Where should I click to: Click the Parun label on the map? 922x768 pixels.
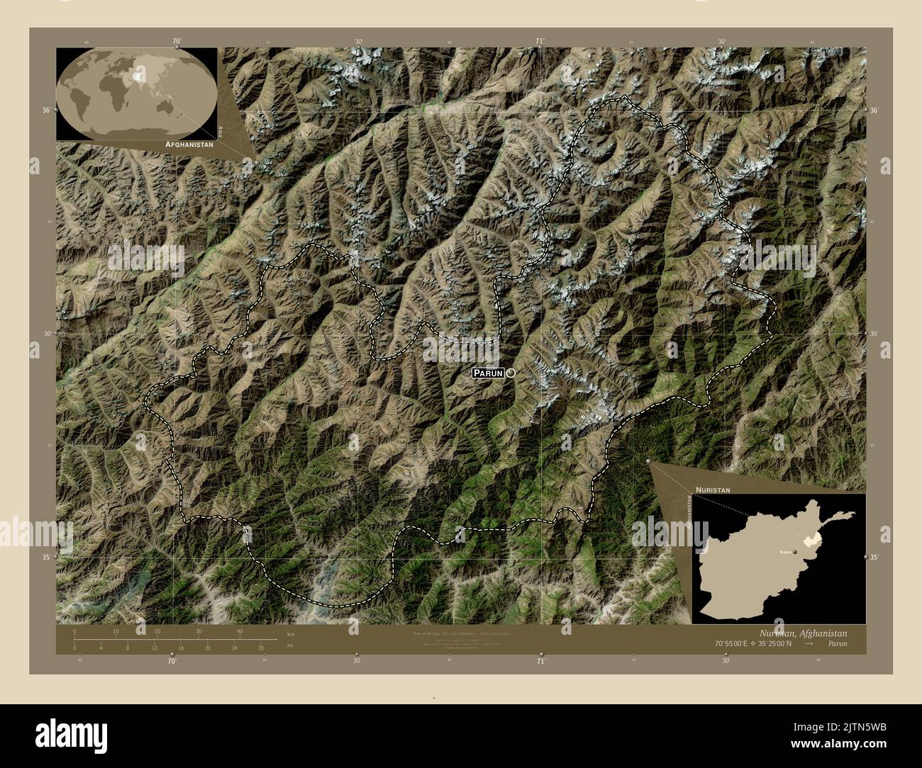pyautogui.click(x=489, y=373)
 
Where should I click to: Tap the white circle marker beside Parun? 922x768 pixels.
pyautogui.click(x=510, y=373)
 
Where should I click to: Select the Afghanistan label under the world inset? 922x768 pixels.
pyautogui.click(x=189, y=144)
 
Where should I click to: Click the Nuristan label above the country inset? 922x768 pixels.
pyautogui.click(x=712, y=490)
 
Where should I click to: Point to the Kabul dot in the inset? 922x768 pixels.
pyautogui.click(x=795, y=550)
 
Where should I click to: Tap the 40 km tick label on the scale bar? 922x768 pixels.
pyautogui.click(x=240, y=631)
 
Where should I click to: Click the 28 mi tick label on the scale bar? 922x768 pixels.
pyautogui.click(x=261, y=648)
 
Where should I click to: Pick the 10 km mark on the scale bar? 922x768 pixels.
pyautogui.click(x=116, y=631)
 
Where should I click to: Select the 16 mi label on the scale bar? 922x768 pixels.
pyautogui.click(x=181, y=648)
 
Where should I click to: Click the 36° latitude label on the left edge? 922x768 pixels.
pyautogui.click(x=46, y=111)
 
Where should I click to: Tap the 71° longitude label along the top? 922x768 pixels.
pyautogui.click(x=540, y=41)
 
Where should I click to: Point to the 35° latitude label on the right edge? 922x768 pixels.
pyautogui.click(x=875, y=557)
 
